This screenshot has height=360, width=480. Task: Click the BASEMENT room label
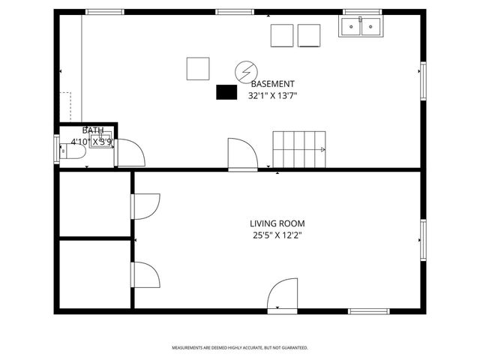(x=272, y=84)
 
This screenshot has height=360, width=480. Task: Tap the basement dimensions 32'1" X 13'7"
(x=272, y=95)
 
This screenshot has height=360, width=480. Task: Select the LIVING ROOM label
(x=277, y=223)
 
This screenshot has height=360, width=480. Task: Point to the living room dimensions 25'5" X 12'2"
(x=277, y=235)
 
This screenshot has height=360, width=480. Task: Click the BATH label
(x=93, y=130)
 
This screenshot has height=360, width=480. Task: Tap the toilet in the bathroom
(x=71, y=151)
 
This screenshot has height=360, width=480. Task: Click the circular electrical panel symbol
(x=244, y=71)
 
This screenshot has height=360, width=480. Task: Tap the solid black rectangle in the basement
(x=226, y=92)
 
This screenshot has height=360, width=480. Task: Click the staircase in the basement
(x=299, y=149)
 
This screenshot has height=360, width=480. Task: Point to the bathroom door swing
(x=129, y=153)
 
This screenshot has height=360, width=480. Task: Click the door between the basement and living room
(x=242, y=154)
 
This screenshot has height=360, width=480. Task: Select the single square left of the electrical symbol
(x=198, y=68)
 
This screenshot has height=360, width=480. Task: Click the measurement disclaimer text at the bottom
(x=240, y=348)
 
